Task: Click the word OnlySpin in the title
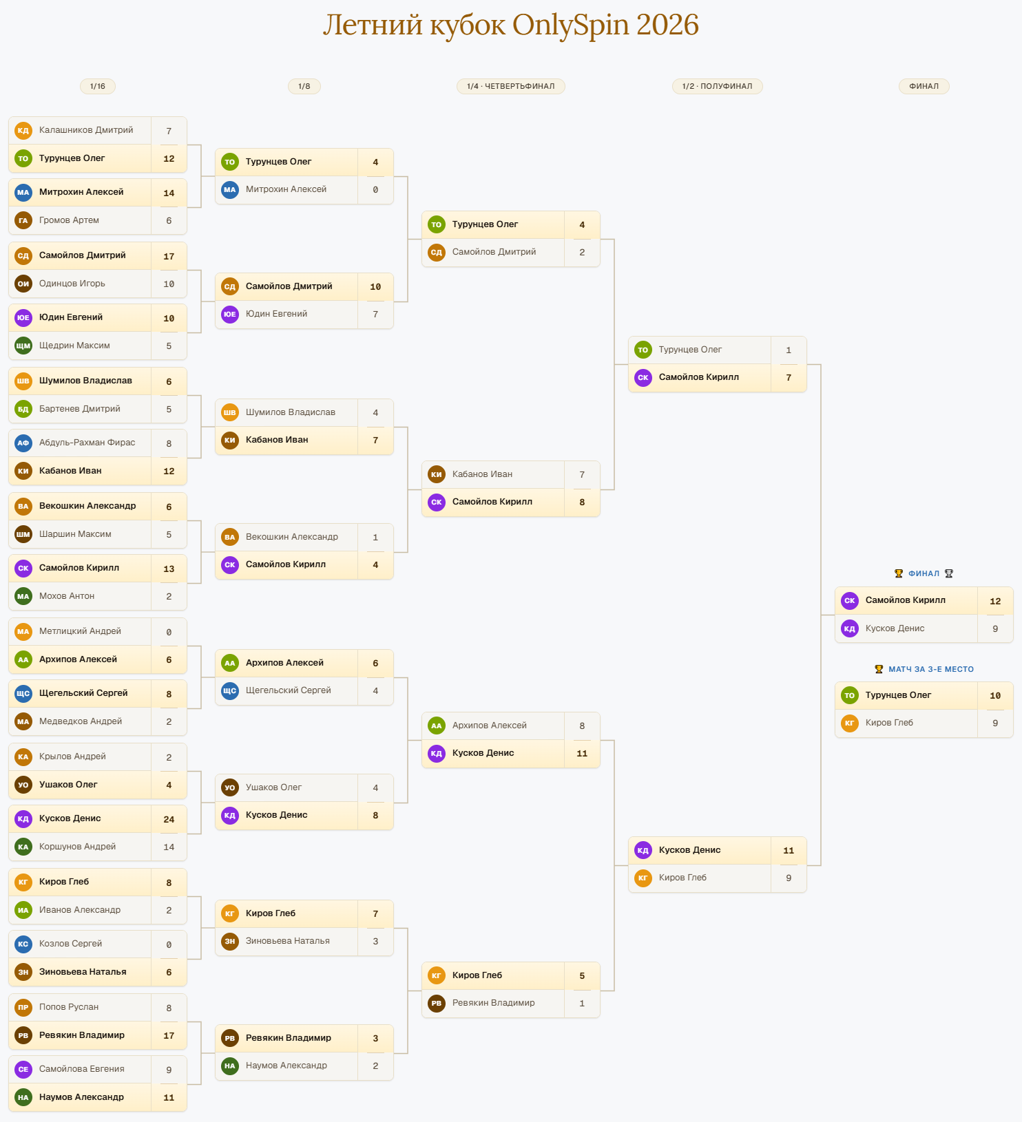pyautogui.click(x=570, y=25)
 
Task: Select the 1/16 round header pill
pyautogui.click(x=98, y=86)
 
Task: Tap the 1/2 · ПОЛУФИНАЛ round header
pyautogui.click(x=718, y=86)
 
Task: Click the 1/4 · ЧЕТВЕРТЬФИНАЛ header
pyautogui.click(x=511, y=86)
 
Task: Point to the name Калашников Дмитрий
pyautogui.click(x=86, y=130)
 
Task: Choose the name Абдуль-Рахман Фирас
pyautogui.click(x=87, y=443)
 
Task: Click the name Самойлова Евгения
pyautogui.click(x=82, y=1069)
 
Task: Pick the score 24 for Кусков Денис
pyautogui.click(x=169, y=819)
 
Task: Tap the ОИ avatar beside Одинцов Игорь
pyautogui.click(x=23, y=284)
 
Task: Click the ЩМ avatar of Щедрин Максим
pyautogui.click(x=23, y=346)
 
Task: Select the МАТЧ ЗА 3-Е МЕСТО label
pyautogui.click(x=931, y=669)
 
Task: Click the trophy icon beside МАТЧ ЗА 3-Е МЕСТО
pyautogui.click(x=879, y=669)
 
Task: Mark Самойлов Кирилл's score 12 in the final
pyautogui.click(x=995, y=601)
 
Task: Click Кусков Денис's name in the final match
pyautogui.click(x=895, y=628)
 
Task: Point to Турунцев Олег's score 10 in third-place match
pyautogui.click(x=995, y=695)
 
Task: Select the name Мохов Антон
pyautogui.click(x=67, y=596)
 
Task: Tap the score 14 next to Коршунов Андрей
pyautogui.click(x=169, y=847)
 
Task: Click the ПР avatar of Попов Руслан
pyautogui.click(x=23, y=1007)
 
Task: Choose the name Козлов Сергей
pyautogui.click(x=70, y=944)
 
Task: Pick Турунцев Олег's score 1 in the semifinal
pyautogui.click(x=789, y=350)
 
